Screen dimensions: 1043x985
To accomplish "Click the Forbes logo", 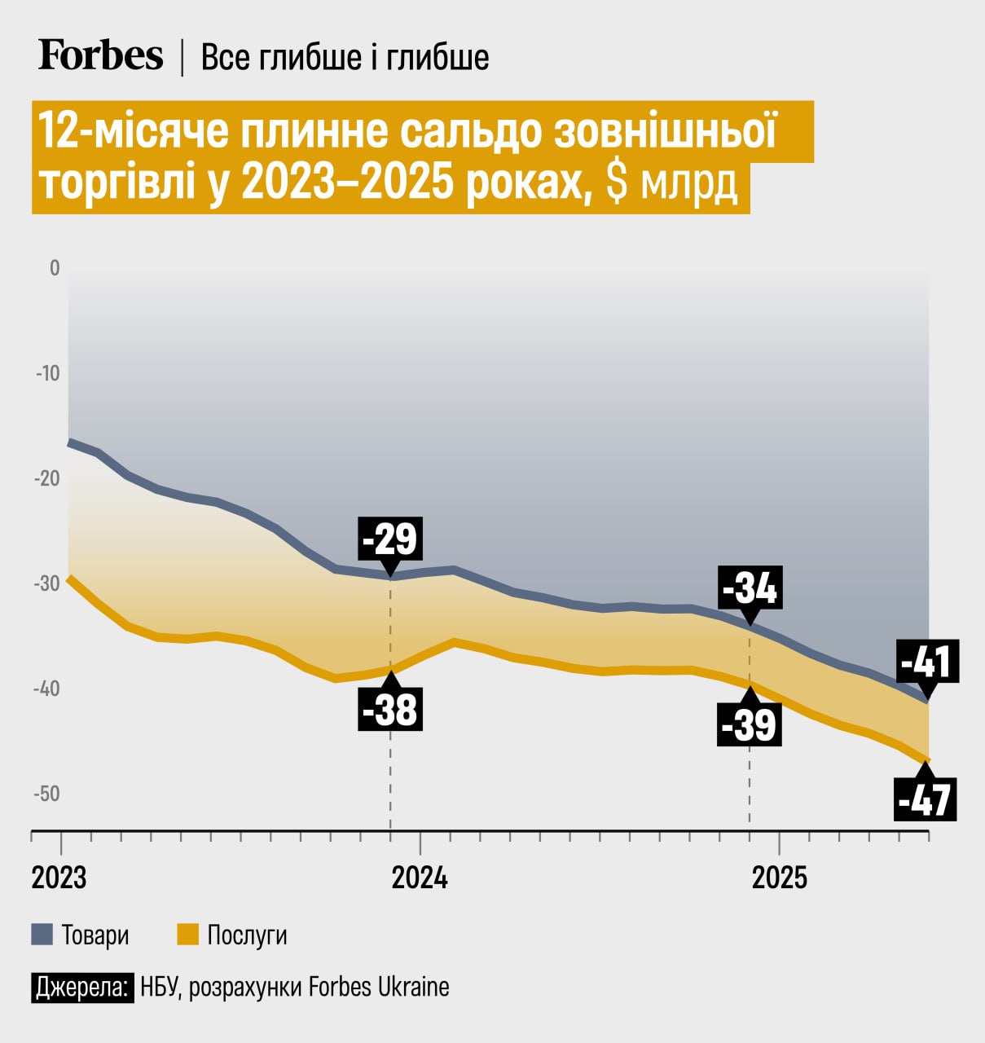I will tap(100, 55).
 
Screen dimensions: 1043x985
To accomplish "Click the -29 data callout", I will tap(390, 539).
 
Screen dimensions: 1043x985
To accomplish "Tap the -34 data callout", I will tap(750, 588).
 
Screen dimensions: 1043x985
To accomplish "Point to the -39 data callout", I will tap(750, 724).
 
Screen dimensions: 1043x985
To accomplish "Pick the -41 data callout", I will tap(927, 661).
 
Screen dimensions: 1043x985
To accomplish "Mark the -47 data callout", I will tap(925, 800).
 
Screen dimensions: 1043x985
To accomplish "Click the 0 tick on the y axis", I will tap(55, 268).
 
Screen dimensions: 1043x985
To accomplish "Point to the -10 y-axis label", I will tap(48, 373).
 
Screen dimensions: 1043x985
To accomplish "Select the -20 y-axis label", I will tap(47, 478).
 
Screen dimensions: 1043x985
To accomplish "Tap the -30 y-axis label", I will tap(47, 583).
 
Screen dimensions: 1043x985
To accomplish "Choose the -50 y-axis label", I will tap(47, 794).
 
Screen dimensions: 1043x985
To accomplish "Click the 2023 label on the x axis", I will tap(59, 878).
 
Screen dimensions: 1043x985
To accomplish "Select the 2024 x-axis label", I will tap(420, 878).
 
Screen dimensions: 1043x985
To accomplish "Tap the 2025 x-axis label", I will tap(780, 878).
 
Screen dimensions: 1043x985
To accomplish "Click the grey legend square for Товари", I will tap(42, 934).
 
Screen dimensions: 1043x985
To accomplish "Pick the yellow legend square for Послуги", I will tap(187, 934).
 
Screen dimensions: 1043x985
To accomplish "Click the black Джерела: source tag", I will tap(82, 988).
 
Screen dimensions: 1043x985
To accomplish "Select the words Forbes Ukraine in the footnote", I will tap(379, 988).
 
